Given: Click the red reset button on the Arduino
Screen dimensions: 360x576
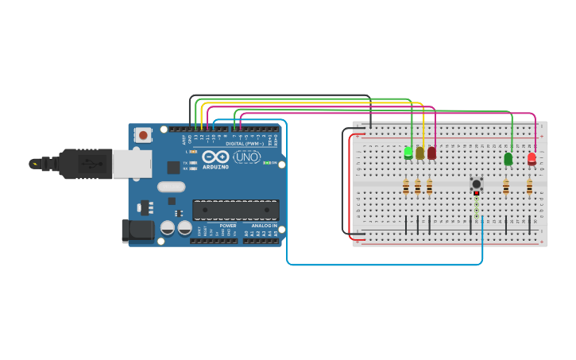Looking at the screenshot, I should [143, 135].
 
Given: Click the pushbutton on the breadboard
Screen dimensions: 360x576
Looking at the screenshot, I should [477, 184].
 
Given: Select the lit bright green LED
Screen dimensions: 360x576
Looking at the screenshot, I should [408, 152].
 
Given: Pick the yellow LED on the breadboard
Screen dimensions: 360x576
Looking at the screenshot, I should [419, 153].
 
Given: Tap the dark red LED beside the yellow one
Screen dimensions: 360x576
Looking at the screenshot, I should [431, 153].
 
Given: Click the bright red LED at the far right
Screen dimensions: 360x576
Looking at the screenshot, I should [532, 158].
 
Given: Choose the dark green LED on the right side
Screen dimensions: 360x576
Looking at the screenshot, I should [508, 159].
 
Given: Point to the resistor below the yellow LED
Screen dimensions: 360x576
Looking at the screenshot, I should [418, 187].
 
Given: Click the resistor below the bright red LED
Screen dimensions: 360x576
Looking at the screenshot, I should [530, 187].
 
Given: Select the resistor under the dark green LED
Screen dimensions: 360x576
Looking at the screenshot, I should [506, 187].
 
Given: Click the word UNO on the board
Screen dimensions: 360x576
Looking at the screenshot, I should [246, 157].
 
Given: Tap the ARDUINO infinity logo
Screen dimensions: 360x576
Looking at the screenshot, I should [215, 157].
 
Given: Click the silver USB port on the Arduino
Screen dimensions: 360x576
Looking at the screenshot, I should [131, 164].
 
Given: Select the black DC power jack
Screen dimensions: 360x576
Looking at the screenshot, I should [137, 230].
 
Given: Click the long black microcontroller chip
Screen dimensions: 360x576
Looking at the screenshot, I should [236, 210].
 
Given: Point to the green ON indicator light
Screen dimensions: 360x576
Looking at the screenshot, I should [267, 164].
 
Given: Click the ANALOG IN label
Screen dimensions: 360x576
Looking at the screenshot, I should [265, 226].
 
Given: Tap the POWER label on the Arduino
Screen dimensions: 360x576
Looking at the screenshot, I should [227, 226].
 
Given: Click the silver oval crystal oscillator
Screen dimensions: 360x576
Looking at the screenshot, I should [171, 187].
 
